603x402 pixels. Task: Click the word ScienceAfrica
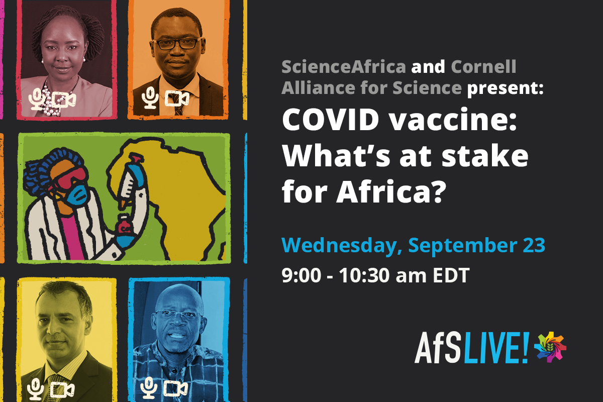click(344, 66)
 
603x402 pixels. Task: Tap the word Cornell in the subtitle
click(483, 66)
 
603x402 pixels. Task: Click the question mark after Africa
click(438, 192)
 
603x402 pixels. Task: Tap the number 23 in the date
click(534, 245)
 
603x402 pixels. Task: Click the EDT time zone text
click(451, 275)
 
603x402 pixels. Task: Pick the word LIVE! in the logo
click(496, 348)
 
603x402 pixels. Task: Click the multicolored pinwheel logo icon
click(550, 347)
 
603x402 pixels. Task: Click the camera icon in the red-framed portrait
click(64, 99)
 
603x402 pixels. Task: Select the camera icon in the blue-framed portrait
click(176, 388)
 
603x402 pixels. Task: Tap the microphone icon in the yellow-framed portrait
click(35, 388)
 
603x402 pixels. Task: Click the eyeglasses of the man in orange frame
click(176, 44)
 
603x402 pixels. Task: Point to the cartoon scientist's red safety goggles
click(70, 178)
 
